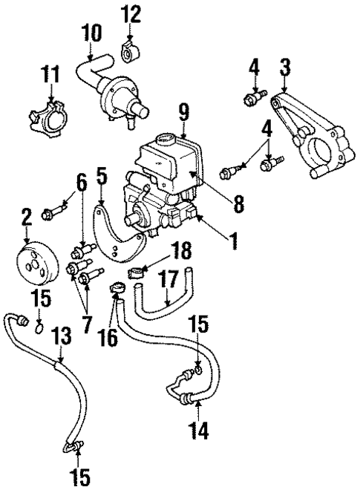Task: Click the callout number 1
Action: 234,242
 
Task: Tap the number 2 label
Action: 27,218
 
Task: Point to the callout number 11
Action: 50,76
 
